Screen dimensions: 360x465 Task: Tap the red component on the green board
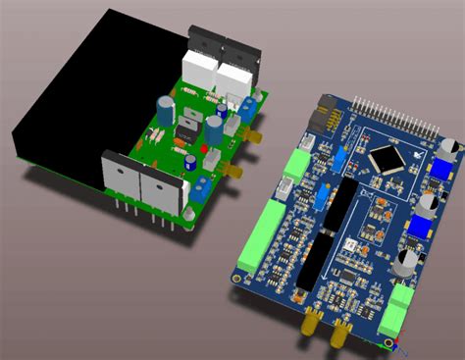(204, 150)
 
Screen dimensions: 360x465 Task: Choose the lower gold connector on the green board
(234, 173)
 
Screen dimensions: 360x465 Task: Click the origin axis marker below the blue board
(389, 343)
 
